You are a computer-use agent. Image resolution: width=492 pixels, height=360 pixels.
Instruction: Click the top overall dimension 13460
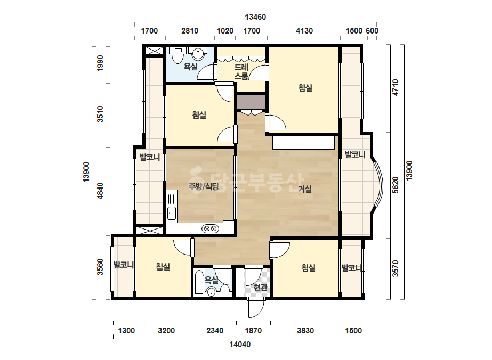pos(255,17)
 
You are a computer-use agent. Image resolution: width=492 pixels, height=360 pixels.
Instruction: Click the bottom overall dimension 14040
pos(240,345)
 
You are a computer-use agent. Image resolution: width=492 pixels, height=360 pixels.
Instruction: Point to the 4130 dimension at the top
pos(304,31)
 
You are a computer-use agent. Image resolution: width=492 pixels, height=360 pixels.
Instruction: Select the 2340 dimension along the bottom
pos(215,331)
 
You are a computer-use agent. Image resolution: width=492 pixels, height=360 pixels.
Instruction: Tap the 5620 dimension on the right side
pos(396,185)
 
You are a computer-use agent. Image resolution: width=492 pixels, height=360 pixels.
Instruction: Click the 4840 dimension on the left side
pos(100,191)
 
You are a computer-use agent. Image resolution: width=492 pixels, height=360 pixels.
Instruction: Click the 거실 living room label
pos(305,189)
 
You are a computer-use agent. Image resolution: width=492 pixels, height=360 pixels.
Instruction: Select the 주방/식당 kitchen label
pos(203,186)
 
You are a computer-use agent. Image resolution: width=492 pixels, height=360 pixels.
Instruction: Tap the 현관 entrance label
pos(260,287)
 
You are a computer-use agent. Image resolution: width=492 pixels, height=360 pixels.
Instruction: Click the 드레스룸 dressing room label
pos(241,71)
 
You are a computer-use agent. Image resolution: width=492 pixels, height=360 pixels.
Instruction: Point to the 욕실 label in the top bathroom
pos(190,67)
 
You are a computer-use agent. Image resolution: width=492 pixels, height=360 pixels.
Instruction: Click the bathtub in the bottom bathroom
pos(199,283)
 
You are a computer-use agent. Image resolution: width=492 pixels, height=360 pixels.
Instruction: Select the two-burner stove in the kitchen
pos(210,228)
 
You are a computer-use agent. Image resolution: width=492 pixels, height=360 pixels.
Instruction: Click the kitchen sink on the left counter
pos(171,213)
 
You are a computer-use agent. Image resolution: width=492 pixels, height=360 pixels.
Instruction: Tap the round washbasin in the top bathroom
pos(198,54)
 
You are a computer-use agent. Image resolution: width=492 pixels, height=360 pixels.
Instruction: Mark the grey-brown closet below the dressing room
pos(252,102)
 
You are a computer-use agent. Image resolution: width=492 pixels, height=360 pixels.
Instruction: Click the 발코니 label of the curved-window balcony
pos(355,154)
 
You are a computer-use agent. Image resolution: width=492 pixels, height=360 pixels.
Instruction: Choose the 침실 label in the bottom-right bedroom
pos(309,267)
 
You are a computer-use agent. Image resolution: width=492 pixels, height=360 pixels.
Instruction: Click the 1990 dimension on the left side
pos(100,63)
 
